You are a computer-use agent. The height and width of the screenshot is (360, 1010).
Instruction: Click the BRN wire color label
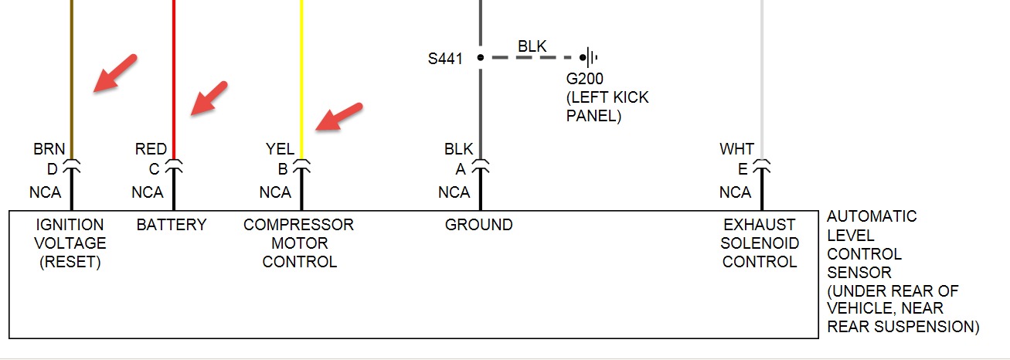click(49, 149)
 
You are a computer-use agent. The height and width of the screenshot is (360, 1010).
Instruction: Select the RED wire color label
click(151, 149)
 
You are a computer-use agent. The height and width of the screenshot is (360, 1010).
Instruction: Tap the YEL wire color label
click(280, 149)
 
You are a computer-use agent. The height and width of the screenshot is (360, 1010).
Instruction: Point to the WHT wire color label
click(736, 149)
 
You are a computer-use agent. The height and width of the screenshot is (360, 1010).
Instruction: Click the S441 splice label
click(446, 58)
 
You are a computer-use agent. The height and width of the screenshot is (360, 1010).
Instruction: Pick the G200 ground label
click(584, 80)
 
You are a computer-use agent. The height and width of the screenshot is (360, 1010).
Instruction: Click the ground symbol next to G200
click(591, 57)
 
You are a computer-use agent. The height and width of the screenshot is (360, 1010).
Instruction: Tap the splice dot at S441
click(480, 57)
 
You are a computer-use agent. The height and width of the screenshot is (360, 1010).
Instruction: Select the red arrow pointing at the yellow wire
click(341, 116)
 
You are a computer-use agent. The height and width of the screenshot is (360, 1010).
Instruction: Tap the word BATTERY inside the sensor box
click(172, 225)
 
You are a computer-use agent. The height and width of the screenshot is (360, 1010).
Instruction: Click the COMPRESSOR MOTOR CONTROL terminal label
click(298, 243)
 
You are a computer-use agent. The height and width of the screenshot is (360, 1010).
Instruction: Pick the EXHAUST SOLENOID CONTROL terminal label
click(760, 243)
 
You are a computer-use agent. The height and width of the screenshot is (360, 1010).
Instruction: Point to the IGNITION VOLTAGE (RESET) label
click(70, 243)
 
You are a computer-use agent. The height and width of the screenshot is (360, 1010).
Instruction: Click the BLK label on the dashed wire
click(532, 46)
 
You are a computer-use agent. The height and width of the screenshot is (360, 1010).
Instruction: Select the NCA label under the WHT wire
click(735, 192)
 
